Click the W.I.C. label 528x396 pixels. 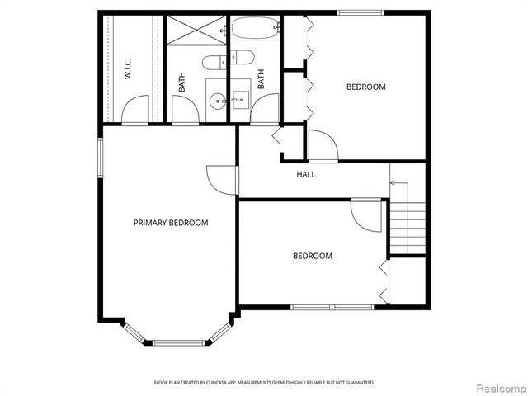pos(130,68)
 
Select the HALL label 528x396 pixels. pos(306,174)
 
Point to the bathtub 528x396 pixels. pos(253,30)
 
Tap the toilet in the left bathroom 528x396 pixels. pos(212,62)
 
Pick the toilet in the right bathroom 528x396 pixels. pos(241,58)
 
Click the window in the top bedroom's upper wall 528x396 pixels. pos(361,12)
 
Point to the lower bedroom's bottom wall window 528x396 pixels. pos(332,308)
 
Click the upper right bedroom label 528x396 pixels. pos(365,87)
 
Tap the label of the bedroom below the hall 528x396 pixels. pos(313,256)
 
